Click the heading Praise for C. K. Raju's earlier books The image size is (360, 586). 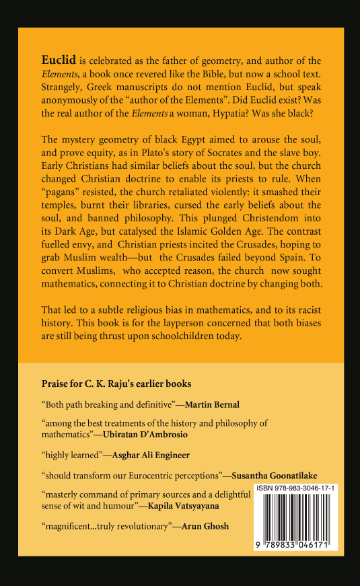tap(116, 383)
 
